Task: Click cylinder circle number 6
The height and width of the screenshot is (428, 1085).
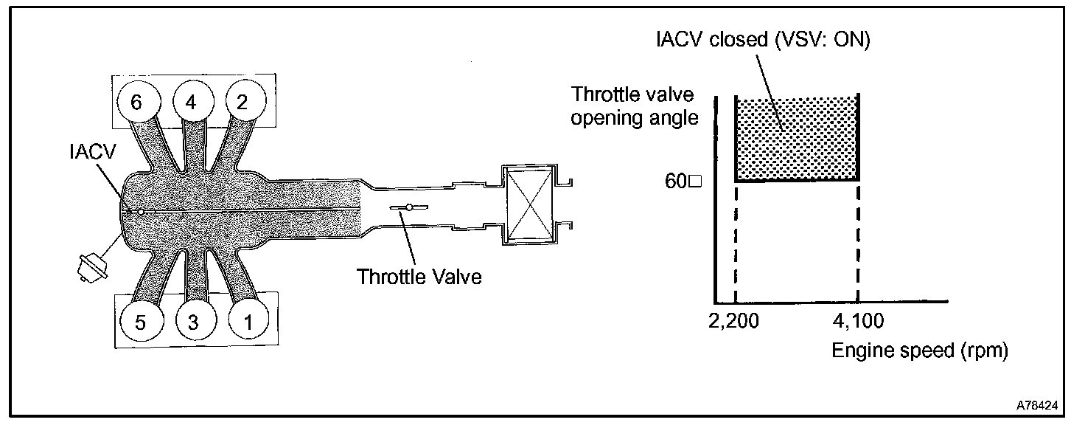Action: tap(136, 103)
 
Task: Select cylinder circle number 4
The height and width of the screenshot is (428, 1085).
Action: tap(191, 103)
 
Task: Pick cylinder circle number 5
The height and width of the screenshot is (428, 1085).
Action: tap(140, 322)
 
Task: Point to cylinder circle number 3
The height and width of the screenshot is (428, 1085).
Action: tap(194, 322)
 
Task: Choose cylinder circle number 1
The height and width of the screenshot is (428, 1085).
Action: tap(248, 322)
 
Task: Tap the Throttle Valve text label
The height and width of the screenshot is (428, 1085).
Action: tap(419, 277)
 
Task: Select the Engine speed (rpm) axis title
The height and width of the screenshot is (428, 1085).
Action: tap(919, 351)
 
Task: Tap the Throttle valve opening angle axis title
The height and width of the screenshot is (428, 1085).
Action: tap(635, 106)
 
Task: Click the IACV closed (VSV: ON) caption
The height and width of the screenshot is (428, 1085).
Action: tap(764, 41)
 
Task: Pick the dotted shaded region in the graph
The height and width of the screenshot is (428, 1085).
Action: tap(797, 139)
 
